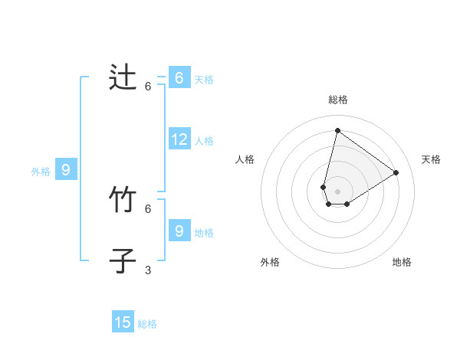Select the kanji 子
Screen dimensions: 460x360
[x=123, y=261]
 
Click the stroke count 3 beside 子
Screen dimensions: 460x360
[x=148, y=270]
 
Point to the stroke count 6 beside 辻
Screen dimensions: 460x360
[x=148, y=87]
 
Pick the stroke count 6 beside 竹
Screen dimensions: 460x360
[x=148, y=208]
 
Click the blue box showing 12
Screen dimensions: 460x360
[x=179, y=139]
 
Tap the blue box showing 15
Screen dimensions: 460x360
[x=123, y=322]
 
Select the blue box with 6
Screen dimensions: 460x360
[x=179, y=78]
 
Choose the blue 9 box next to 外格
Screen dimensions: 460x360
[x=66, y=170]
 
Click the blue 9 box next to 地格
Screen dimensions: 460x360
[x=179, y=231]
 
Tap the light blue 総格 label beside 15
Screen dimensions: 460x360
[x=147, y=324]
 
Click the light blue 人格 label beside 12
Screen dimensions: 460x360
[x=204, y=141]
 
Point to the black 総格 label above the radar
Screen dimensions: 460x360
[x=337, y=100]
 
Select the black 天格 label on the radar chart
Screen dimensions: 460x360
[x=431, y=159]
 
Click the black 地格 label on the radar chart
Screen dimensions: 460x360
[x=402, y=262]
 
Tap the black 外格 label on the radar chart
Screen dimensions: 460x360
[x=270, y=262]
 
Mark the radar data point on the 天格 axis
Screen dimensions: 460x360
[x=396, y=172]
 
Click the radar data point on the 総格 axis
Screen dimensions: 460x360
[x=337, y=130]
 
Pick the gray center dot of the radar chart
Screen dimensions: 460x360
[x=337, y=191]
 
